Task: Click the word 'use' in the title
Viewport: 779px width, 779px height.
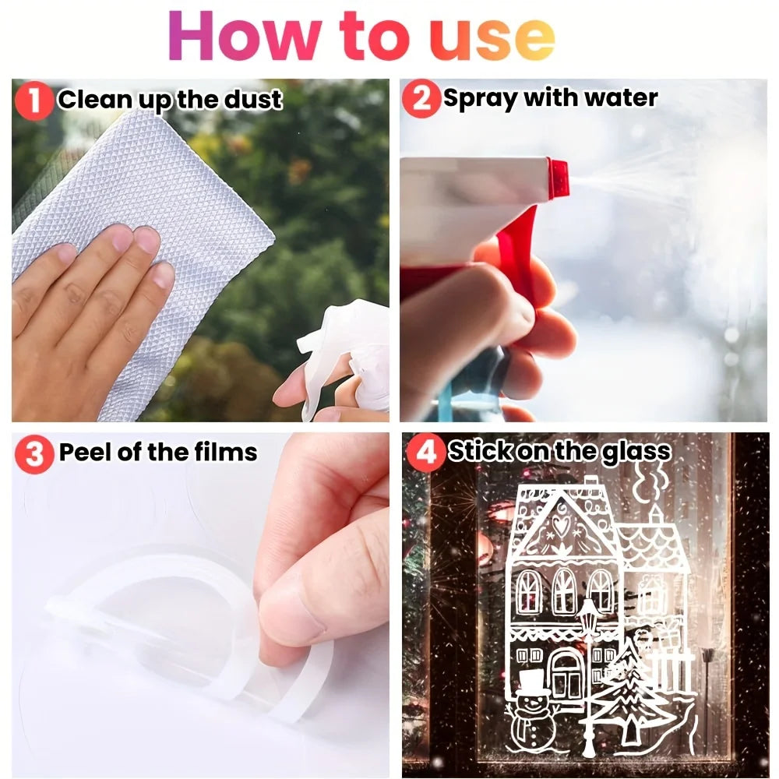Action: pyautogui.click(x=492, y=36)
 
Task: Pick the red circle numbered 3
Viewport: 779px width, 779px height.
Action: pyautogui.click(x=35, y=453)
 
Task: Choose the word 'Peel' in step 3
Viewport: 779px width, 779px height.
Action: pyautogui.click(x=85, y=452)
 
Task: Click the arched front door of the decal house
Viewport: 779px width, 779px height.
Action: pyautogui.click(x=566, y=674)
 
